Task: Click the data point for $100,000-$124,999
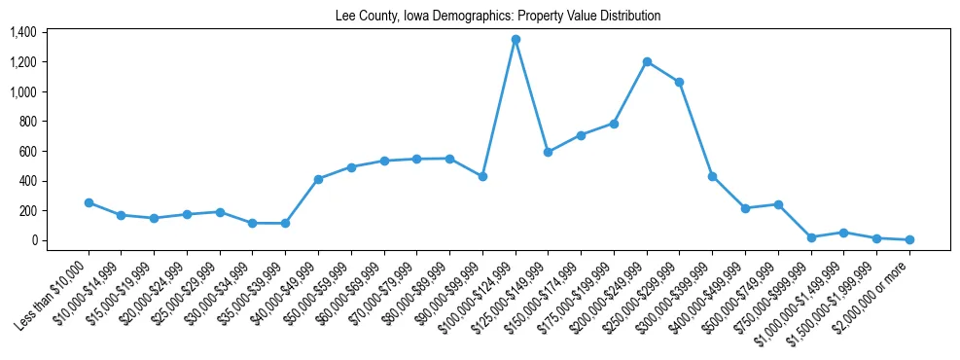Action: (516, 40)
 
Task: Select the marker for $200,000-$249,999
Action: (647, 62)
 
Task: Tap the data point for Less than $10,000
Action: (89, 203)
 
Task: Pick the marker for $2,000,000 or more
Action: (909, 239)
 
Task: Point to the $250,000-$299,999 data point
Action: (679, 83)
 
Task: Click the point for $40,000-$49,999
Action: (318, 179)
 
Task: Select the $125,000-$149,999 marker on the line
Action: (548, 152)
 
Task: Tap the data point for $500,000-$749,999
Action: (778, 204)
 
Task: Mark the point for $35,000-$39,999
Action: (285, 223)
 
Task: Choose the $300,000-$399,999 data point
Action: (712, 176)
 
